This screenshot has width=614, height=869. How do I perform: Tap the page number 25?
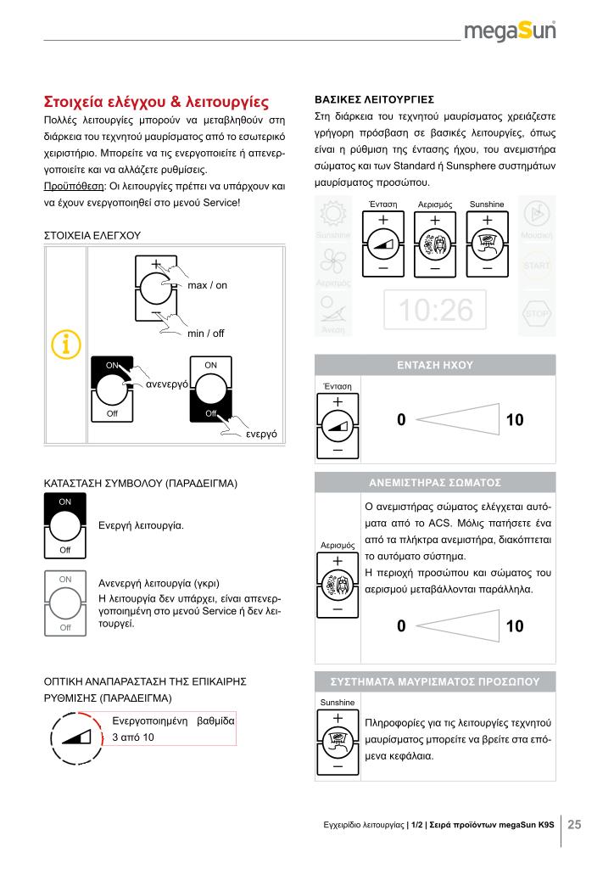click(x=575, y=823)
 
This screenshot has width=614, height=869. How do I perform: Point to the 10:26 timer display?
click(x=436, y=310)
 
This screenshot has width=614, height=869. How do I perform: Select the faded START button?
click(x=536, y=266)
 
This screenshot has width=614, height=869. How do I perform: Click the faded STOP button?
click(x=536, y=313)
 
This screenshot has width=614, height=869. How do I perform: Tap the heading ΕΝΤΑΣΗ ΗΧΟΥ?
click(x=435, y=365)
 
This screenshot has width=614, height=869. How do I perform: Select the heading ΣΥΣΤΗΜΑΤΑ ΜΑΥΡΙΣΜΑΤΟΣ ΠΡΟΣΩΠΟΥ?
click(x=435, y=682)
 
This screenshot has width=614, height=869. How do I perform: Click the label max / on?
click(x=208, y=285)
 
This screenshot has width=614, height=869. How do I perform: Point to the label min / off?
click(x=205, y=334)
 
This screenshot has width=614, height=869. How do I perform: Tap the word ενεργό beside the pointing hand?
click(x=264, y=434)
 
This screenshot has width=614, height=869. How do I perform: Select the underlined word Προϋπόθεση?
click(x=70, y=184)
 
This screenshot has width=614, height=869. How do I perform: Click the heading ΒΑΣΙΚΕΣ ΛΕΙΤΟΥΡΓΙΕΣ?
click(x=374, y=98)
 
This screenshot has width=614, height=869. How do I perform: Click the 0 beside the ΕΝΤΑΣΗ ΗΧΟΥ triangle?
click(x=401, y=419)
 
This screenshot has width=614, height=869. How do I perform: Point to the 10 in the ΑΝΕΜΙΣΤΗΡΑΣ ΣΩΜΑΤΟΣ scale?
click(x=515, y=627)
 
